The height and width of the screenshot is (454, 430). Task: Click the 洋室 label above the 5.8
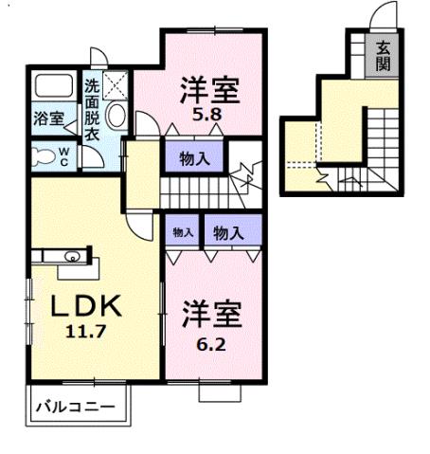coord(209,92)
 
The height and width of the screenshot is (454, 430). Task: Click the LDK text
coord(85,307)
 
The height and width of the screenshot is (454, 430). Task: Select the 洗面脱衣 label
coord(92,108)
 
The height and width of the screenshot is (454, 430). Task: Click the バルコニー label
coord(75,408)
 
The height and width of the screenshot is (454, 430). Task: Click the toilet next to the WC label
coord(42,155)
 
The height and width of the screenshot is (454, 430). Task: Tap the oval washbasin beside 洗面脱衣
coord(115,118)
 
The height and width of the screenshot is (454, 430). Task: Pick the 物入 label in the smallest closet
coord(181,232)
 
